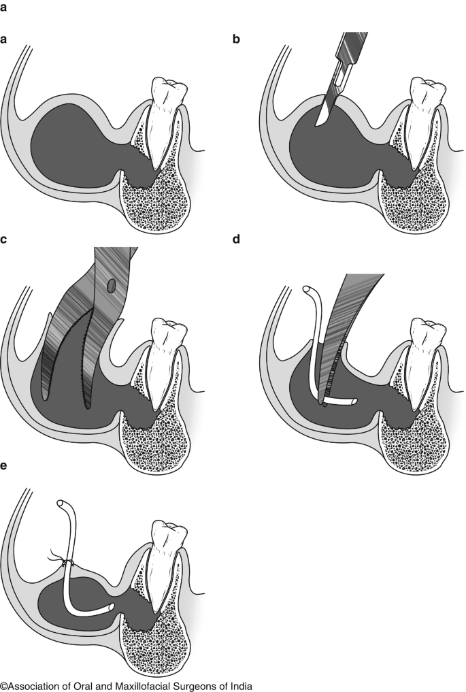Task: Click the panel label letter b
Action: point(237,39)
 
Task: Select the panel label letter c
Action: point(5,240)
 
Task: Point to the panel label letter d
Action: point(237,240)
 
